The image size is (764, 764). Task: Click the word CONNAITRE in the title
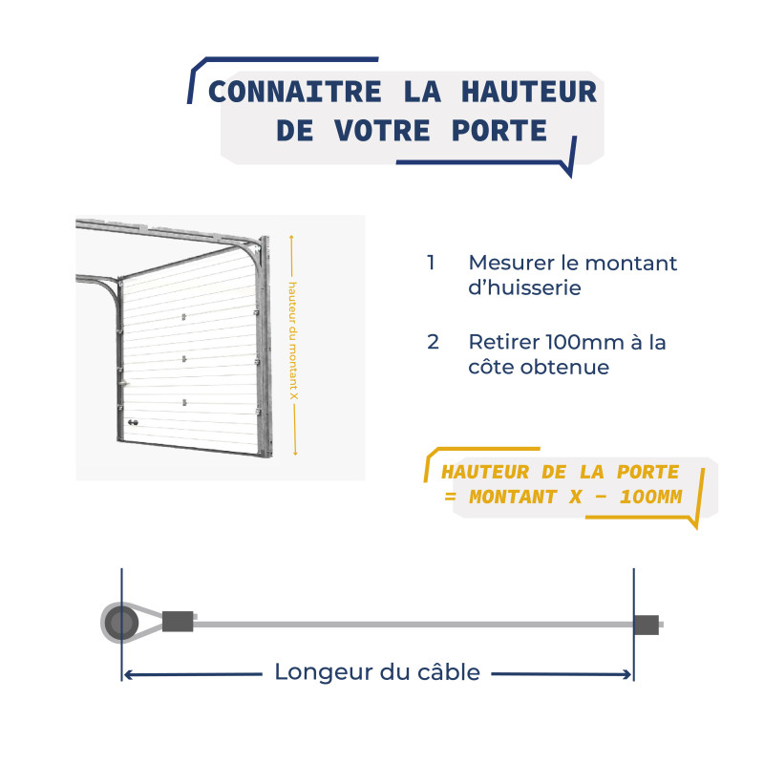pyautogui.click(x=284, y=93)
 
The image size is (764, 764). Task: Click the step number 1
pyautogui.click(x=432, y=263)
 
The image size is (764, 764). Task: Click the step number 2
pyautogui.click(x=434, y=342)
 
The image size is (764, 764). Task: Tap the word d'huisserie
pyautogui.click(x=524, y=286)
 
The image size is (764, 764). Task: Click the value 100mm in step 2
pyautogui.click(x=588, y=342)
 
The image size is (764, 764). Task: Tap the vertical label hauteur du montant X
pyautogui.click(x=293, y=343)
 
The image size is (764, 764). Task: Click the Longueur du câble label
pyautogui.click(x=377, y=672)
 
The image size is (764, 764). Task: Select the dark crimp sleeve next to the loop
pyautogui.click(x=178, y=623)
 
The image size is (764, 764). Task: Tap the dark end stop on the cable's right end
pyautogui.click(x=647, y=625)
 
